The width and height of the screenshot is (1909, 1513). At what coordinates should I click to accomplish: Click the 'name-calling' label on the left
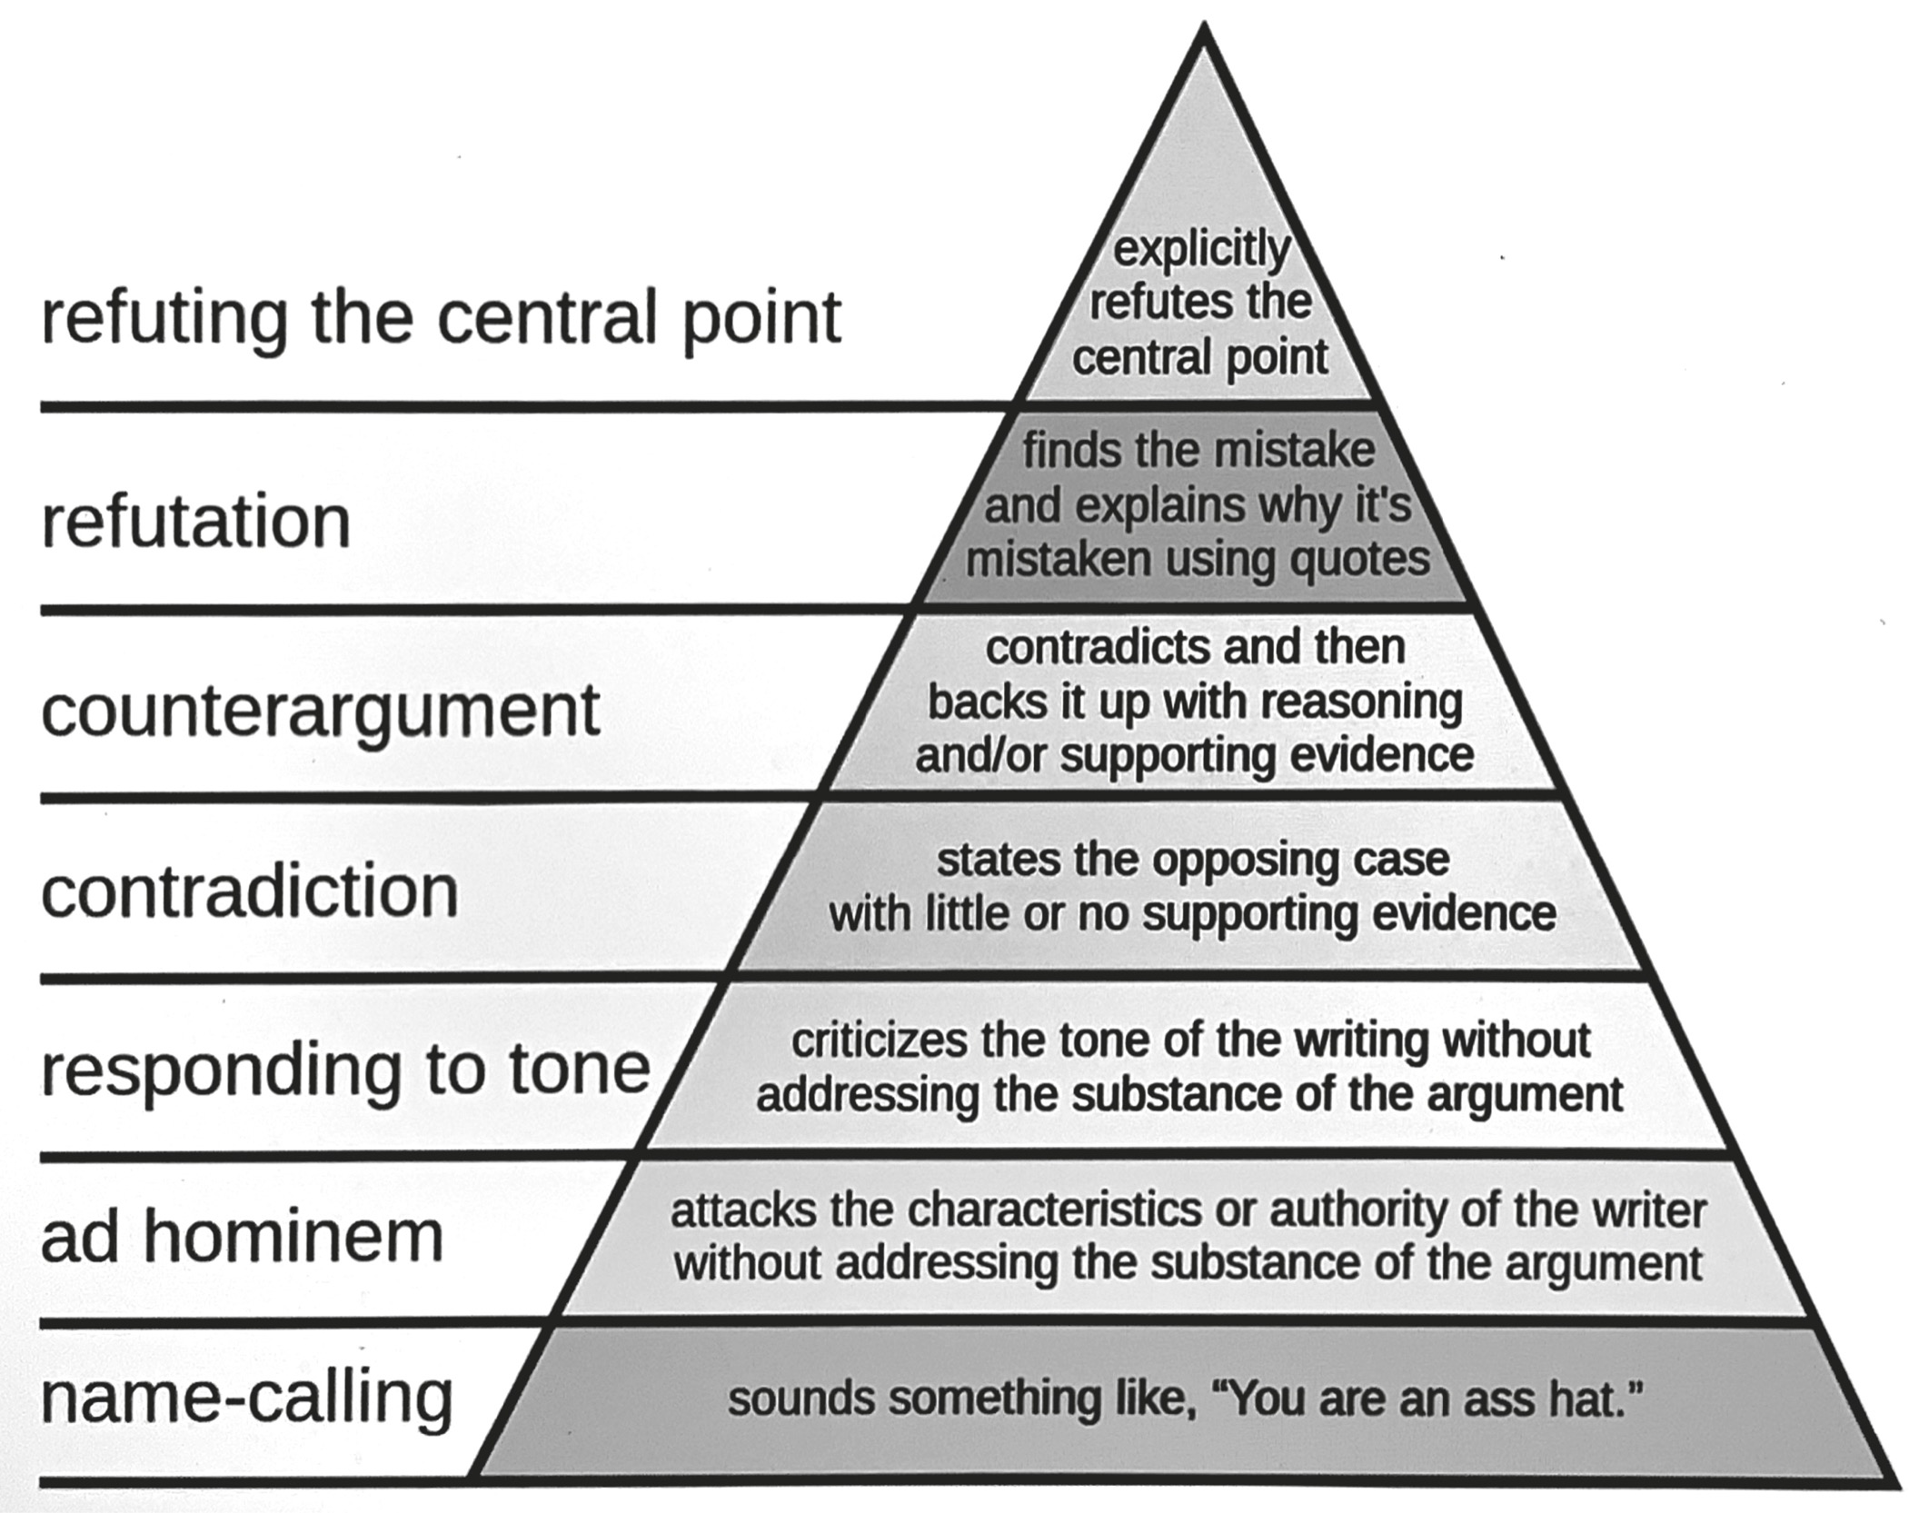coord(246,1399)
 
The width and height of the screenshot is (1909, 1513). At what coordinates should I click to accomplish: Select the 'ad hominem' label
coord(242,1237)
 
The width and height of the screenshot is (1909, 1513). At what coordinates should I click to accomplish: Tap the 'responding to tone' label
coord(345,1070)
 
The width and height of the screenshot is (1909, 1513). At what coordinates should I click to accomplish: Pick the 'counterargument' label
coord(320,711)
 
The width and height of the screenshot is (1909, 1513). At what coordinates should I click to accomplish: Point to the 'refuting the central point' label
coord(441,319)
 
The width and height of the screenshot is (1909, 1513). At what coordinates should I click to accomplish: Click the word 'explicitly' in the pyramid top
coord(1201,250)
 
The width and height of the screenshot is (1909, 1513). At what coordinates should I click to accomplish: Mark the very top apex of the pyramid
coord(1203,27)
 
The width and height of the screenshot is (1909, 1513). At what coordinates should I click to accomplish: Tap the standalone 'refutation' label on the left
coord(195,523)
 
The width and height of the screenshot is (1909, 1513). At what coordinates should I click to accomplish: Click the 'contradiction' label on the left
coord(250,892)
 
